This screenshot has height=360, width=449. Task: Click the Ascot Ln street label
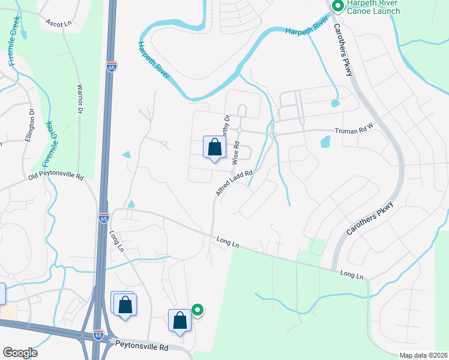tap(58, 22)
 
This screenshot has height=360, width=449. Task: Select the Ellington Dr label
tap(31, 125)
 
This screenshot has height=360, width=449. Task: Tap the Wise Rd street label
tap(236, 152)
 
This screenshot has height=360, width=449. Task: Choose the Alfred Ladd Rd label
tap(233, 183)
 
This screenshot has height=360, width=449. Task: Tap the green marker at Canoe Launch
tap(337, 7)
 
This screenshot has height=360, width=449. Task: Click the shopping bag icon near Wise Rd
tap(214, 148)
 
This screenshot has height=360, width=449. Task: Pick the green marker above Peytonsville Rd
tap(197, 310)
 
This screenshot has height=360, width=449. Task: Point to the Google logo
tap(19, 353)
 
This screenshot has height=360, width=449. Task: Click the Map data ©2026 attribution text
tap(423, 355)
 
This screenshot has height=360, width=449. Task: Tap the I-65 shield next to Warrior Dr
tap(112, 67)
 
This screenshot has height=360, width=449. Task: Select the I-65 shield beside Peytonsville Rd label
tap(98, 334)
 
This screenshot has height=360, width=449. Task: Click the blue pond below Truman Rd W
tap(325, 142)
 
